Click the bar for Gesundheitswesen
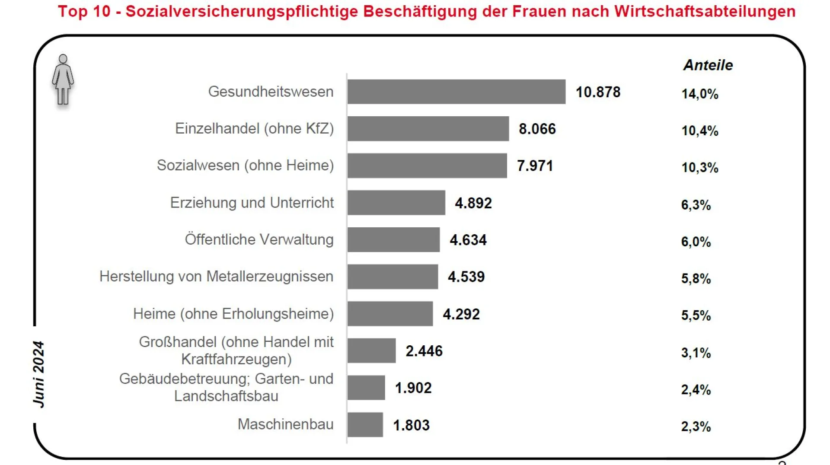pyautogui.click(x=456, y=92)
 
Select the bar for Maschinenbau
pyautogui.click(x=365, y=425)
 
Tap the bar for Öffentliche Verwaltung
pyautogui.click(x=393, y=240)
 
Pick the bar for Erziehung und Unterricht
pyautogui.click(x=396, y=203)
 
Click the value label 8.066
pyautogui.click(x=537, y=129)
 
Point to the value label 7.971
pyautogui.click(x=535, y=166)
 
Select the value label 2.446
pyautogui.click(x=424, y=351)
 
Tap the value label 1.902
pyautogui.click(x=413, y=388)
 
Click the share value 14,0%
pyautogui.click(x=699, y=94)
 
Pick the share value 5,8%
pyautogui.click(x=696, y=279)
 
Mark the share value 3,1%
pyautogui.click(x=696, y=353)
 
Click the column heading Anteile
pyautogui.click(x=708, y=65)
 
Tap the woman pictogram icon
pyautogui.click(x=63, y=80)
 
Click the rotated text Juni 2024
pyautogui.click(x=38, y=374)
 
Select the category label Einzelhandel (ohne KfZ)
pyautogui.click(x=254, y=128)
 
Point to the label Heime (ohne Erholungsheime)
pyautogui.click(x=233, y=314)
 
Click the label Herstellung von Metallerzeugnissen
pyautogui.click(x=216, y=277)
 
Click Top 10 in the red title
pyautogui.click(x=84, y=11)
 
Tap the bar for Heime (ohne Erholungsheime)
pyautogui.click(x=390, y=314)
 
